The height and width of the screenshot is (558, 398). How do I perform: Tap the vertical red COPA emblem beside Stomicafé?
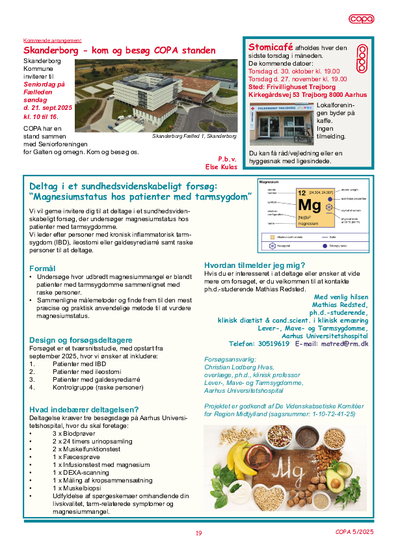[x=363, y=59]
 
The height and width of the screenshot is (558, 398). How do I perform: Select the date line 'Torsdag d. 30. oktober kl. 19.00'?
[x=294, y=71]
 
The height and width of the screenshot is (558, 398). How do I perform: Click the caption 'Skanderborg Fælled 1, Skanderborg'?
[x=194, y=136]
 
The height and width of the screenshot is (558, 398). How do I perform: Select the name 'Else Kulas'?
[x=222, y=166]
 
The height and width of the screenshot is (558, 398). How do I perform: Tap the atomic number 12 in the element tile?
[x=302, y=193]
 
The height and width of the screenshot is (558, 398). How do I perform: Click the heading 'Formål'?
[x=42, y=268]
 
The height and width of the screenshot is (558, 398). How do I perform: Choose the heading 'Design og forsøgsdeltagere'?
[x=81, y=339]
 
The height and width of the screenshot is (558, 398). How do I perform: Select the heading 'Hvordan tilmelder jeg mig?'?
[x=254, y=265]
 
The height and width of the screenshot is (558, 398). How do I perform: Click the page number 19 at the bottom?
[x=198, y=533]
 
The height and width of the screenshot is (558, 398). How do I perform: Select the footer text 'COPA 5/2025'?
[x=354, y=532]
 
